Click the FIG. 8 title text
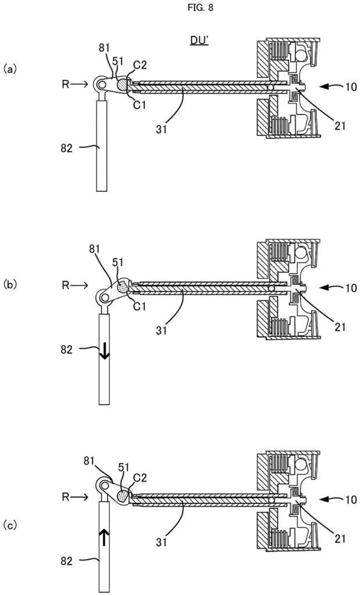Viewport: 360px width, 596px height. (x=180, y=9)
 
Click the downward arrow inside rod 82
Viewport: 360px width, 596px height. (x=103, y=351)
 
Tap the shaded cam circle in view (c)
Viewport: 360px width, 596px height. (x=123, y=495)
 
